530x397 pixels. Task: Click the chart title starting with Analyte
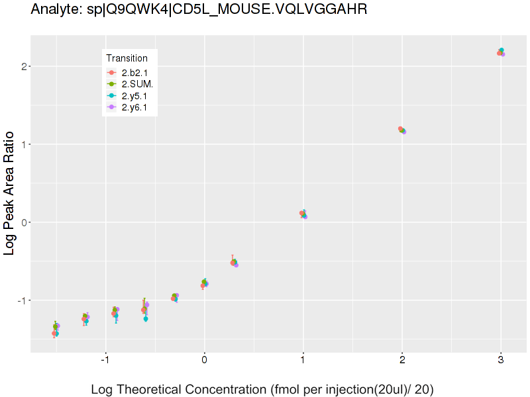tap(199, 9)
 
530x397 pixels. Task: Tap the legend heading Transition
tap(127, 58)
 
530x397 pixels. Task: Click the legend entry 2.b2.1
tap(134, 72)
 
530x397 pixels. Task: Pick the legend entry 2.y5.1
tap(134, 95)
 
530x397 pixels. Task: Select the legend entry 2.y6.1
tap(134, 107)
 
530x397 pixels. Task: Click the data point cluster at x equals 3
tap(501, 52)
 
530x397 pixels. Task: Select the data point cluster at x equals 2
tap(402, 130)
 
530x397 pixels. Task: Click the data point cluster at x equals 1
tap(303, 214)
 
